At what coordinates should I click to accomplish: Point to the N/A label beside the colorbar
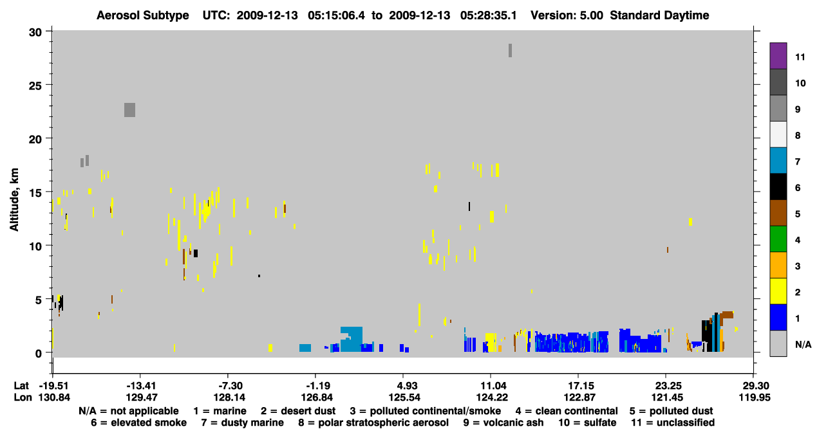(803, 344)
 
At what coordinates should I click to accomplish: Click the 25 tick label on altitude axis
(35, 86)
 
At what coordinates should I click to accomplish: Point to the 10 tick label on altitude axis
(35, 246)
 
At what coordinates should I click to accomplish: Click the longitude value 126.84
(317, 397)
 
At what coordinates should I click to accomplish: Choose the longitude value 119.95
(755, 397)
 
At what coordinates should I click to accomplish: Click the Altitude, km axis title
(14, 200)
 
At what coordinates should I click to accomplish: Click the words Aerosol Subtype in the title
(143, 15)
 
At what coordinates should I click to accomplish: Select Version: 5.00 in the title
(567, 15)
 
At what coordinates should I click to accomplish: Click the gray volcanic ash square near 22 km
(129, 110)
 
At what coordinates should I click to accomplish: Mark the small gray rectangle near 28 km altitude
(510, 50)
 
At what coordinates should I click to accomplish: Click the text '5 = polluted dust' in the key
(671, 411)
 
